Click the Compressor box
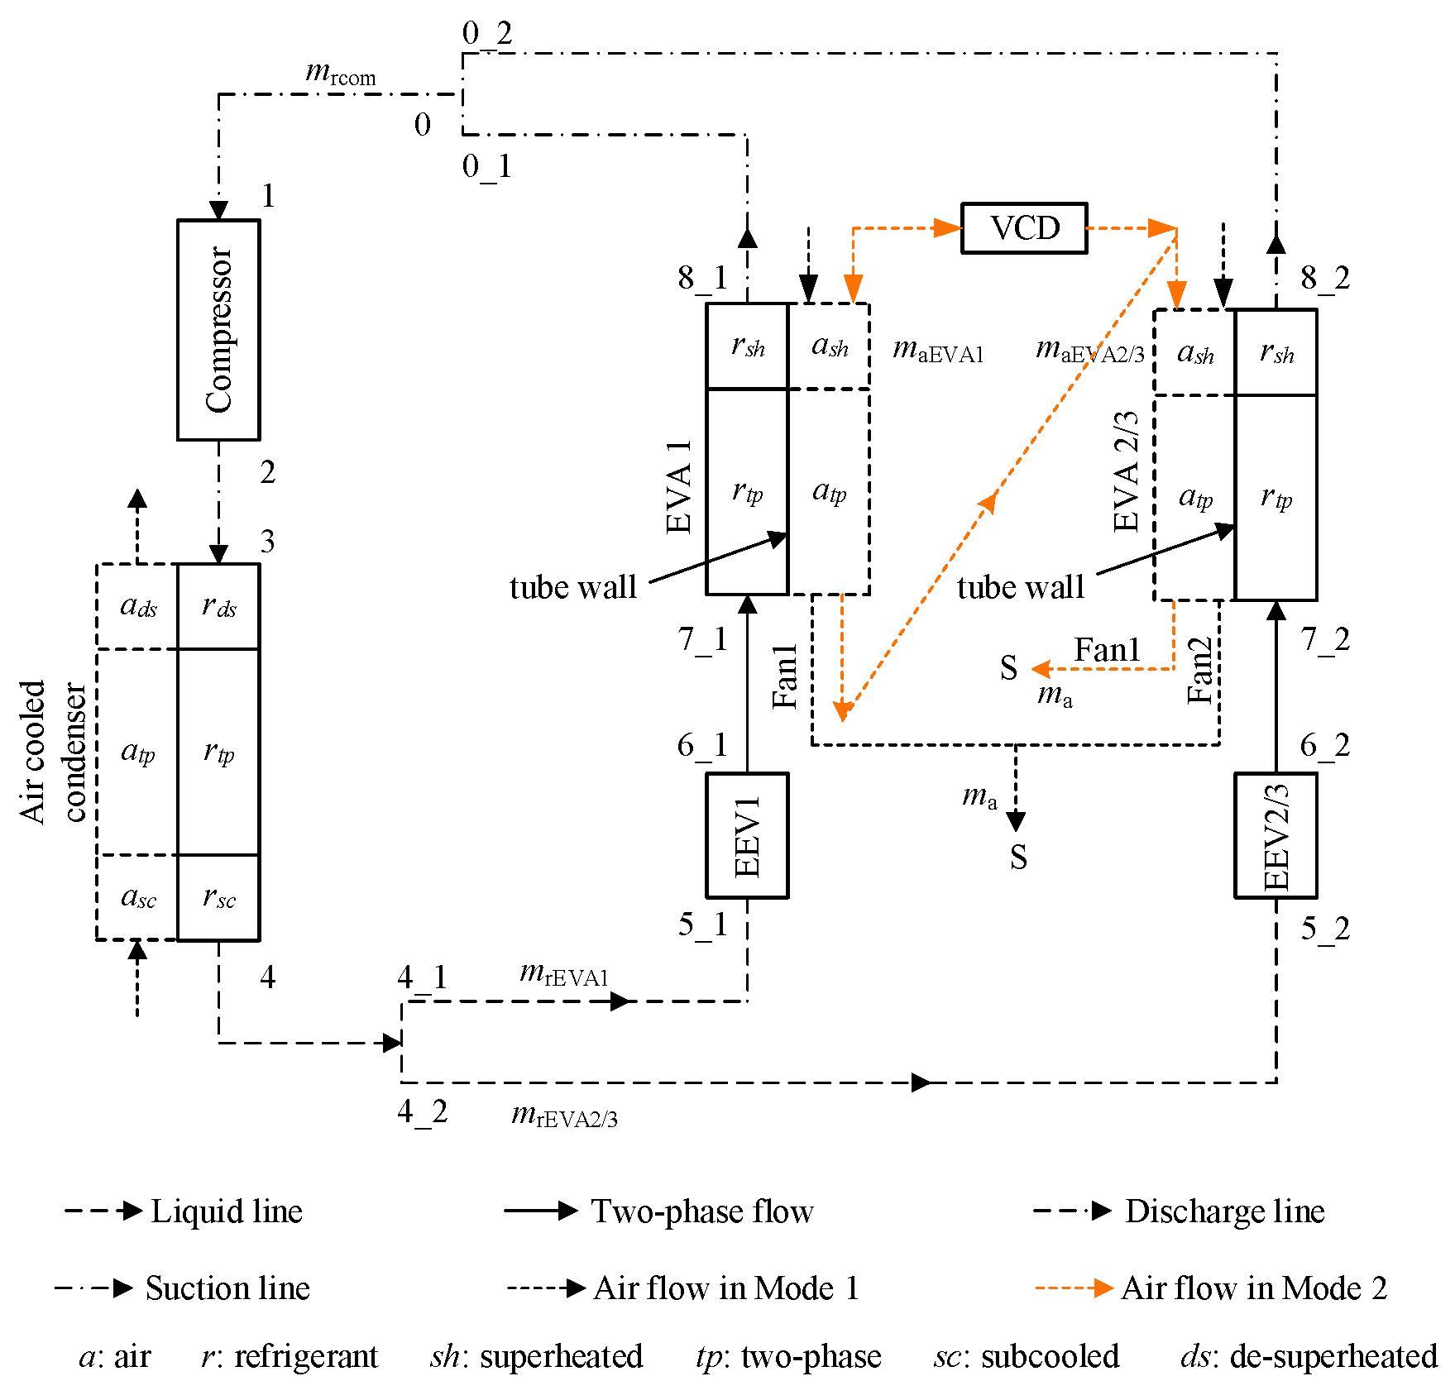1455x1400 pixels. [x=218, y=329]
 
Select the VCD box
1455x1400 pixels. [x=1023, y=228]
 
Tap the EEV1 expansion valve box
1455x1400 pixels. [x=746, y=835]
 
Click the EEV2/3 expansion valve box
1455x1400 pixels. [x=1275, y=835]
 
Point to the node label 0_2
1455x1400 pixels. [x=487, y=33]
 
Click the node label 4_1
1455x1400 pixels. [x=422, y=977]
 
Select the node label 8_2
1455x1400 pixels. [x=1324, y=278]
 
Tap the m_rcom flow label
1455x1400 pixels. [x=340, y=74]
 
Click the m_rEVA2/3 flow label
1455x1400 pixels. [x=564, y=1116]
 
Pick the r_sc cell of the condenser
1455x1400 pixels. [x=219, y=897]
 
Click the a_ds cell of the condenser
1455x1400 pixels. [x=138, y=606]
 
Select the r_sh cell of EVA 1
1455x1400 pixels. [x=747, y=346]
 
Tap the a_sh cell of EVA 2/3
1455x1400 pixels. [x=1194, y=353]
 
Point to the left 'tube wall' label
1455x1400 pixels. [x=572, y=587]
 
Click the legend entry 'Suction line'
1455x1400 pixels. [x=227, y=1288]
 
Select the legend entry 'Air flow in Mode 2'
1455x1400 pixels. [x=1252, y=1288]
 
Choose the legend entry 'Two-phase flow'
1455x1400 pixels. [x=701, y=1211]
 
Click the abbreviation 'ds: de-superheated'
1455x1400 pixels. [x=1308, y=1356]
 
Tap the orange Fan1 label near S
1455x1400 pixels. [x=1106, y=650]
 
